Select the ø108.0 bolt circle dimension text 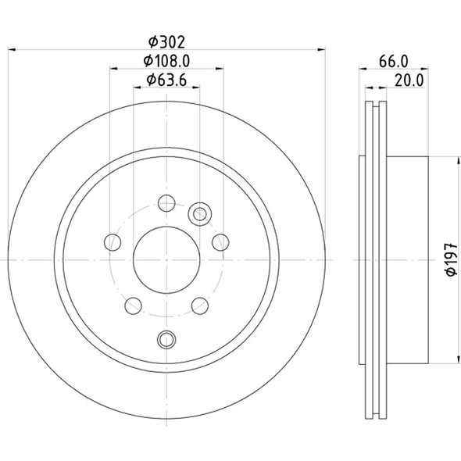(x=166, y=60)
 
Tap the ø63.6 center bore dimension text (x=166, y=78)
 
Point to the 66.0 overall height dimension (x=395, y=60)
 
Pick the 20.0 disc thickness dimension (x=409, y=78)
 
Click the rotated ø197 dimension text (x=450, y=259)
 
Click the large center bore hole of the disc (x=166, y=259)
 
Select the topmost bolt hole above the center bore (x=166, y=204)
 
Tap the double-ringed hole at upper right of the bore (x=200, y=213)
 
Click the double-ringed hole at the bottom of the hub (x=166, y=338)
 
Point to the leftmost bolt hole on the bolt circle (x=113, y=241)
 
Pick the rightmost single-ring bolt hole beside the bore (x=220, y=241)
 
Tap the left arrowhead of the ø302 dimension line (x=13, y=50)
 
